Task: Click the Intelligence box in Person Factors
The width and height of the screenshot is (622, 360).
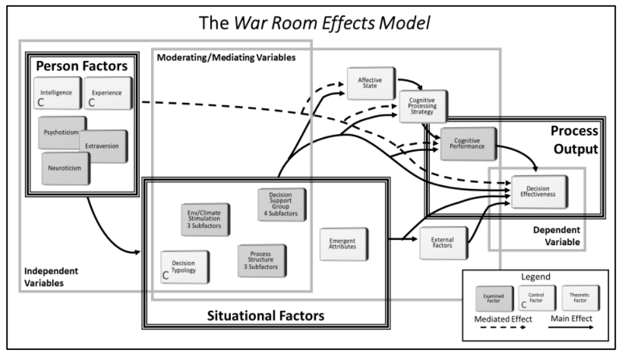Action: click(57, 93)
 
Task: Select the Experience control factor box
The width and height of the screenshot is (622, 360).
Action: click(108, 93)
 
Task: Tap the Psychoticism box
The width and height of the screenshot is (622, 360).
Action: click(62, 132)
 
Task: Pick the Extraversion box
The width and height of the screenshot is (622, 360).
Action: click(103, 146)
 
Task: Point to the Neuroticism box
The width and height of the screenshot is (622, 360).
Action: click(66, 168)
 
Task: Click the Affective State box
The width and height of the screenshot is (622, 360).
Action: click(371, 83)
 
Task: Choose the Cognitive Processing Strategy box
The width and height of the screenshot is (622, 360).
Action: click(423, 106)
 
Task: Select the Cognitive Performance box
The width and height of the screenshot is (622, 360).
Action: click(468, 144)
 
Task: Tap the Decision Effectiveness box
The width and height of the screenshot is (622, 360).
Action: click(540, 192)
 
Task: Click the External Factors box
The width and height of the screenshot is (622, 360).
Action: click(444, 243)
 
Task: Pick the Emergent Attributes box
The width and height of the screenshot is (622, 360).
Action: click(344, 244)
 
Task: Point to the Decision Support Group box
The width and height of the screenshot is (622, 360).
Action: click(281, 205)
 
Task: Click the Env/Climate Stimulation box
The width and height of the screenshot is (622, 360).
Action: click(205, 220)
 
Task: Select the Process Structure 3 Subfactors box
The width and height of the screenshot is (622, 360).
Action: click(262, 260)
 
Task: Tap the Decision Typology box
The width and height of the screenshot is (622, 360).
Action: click(185, 267)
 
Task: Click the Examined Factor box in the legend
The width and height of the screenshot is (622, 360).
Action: click(494, 298)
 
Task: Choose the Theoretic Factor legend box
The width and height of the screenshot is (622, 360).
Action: click(581, 298)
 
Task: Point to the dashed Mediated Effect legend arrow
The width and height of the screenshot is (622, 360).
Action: click(503, 328)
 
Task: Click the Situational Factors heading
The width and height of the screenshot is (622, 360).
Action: click(266, 316)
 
